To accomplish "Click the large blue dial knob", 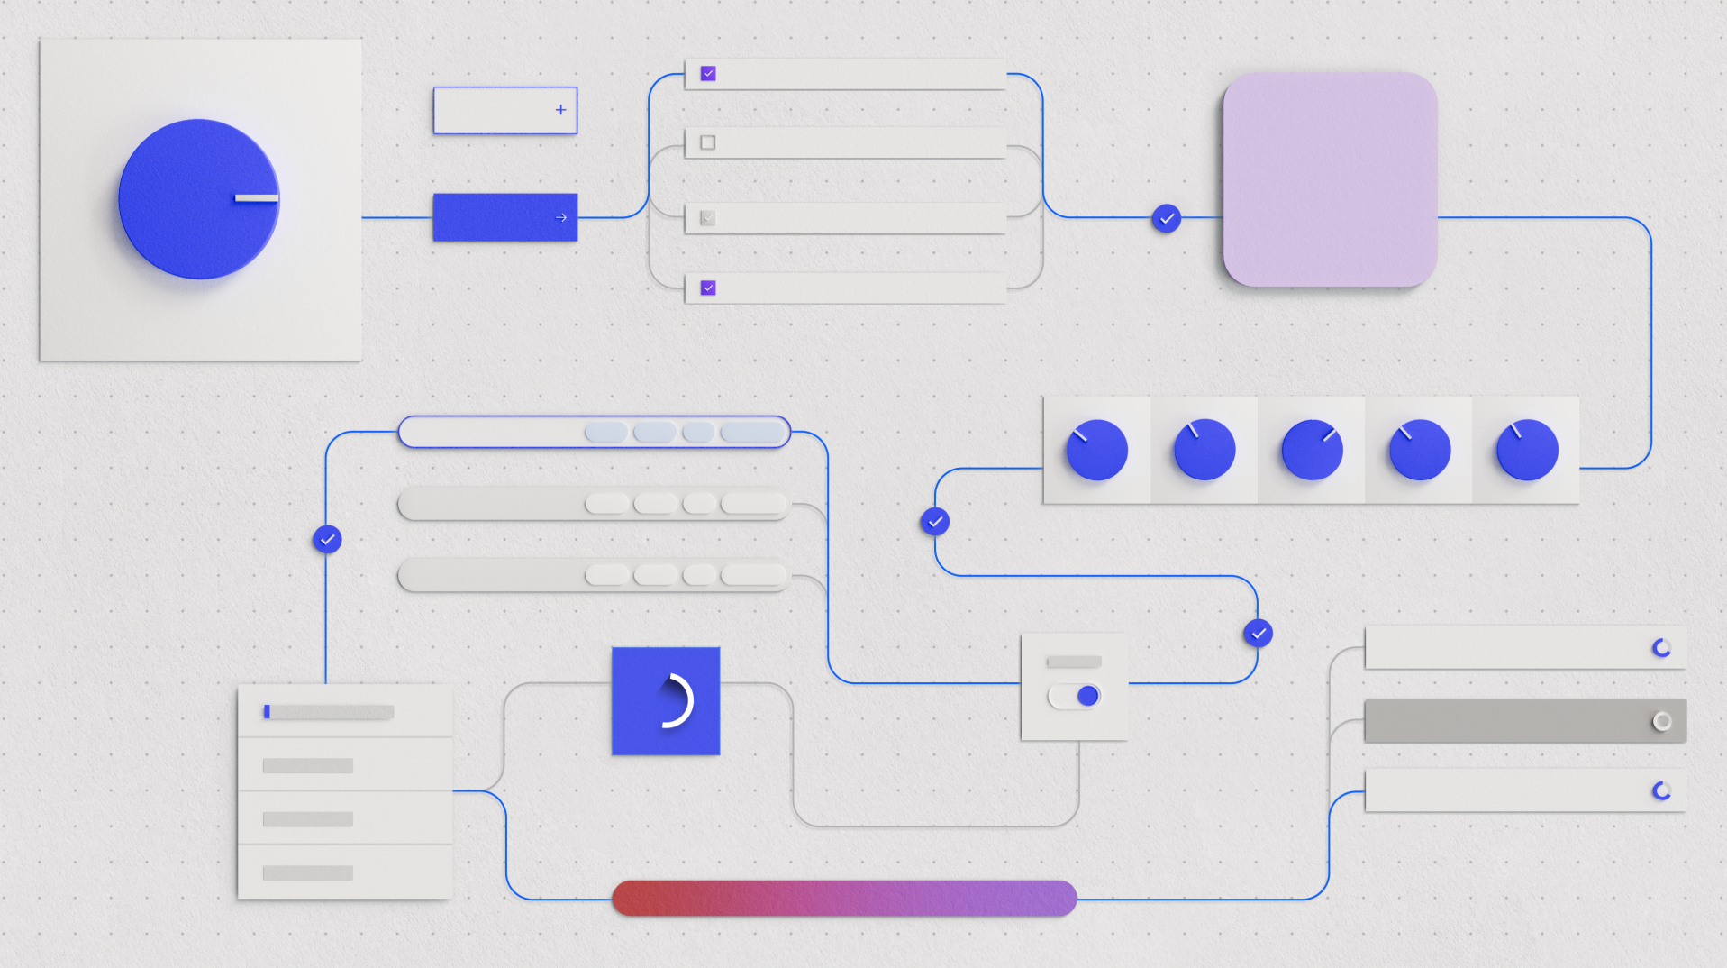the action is click(x=199, y=199).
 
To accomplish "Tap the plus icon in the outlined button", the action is click(x=560, y=110).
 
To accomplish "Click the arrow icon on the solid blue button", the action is click(x=560, y=217).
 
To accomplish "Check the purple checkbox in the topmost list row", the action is click(x=708, y=73).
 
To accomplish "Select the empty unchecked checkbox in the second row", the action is click(x=708, y=142).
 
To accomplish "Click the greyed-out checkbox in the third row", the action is click(x=708, y=217).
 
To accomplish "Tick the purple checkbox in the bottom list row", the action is click(x=708, y=288).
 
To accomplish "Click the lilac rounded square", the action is click(x=1330, y=179).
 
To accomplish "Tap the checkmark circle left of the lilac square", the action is click(x=1167, y=218).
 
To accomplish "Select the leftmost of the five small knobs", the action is click(x=1096, y=449).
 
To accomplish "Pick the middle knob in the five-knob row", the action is click(x=1312, y=449).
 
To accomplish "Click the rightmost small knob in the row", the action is click(x=1527, y=449).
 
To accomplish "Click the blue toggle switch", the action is click(x=1075, y=696).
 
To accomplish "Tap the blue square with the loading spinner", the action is click(x=666, y=701).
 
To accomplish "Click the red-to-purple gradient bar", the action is click(x=844, y=899).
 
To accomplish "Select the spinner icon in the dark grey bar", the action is click(x=1662, y=721).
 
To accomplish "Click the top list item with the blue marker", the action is click(x=345, y=712).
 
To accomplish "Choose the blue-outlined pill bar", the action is click(x=595, y=432).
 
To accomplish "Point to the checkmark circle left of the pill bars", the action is click(x=327, y=539).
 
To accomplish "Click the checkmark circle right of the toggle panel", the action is click(x=1259, y=634).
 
